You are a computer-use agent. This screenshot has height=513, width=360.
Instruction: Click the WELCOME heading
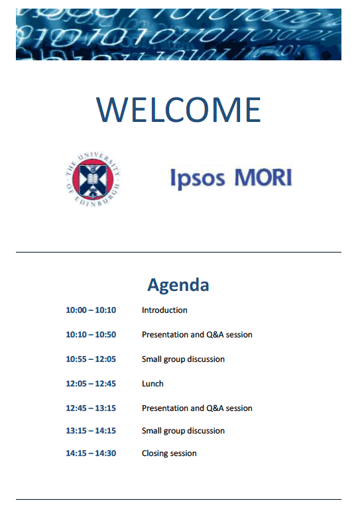(x=178, y=109)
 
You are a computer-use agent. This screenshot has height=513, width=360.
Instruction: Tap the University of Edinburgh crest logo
(x=93, y=180)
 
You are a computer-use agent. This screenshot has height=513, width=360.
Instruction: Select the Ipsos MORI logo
(x=231, y=178)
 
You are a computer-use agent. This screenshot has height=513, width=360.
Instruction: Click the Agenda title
(x=178, y=284)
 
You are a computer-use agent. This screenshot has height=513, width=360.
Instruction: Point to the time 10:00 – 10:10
(x=91, y=310)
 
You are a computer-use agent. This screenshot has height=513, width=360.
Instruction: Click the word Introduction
(x=164, y=310)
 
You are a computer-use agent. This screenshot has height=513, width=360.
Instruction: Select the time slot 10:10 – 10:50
(x=91, y=334)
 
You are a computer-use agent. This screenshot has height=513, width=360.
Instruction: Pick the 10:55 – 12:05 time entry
(x=91, y=359)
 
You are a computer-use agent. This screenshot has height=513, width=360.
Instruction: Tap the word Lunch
(x=152, y=384)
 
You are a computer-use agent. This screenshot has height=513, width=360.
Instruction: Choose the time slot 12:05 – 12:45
(x=91, y=384)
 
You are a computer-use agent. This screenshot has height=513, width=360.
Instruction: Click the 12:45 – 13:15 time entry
(x=91, y=408)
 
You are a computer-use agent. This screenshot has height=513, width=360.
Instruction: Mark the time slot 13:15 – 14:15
(x=91, y=431)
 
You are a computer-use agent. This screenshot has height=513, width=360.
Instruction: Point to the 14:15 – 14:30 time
(x=91, y=453)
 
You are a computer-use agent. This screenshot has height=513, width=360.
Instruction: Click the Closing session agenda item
(x=169, y=453)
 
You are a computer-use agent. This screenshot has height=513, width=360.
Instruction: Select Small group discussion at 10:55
(x=183, y=359)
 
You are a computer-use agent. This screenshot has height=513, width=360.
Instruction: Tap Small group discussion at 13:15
(x=183, y=431)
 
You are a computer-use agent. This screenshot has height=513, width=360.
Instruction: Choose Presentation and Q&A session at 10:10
(x=197, y=335)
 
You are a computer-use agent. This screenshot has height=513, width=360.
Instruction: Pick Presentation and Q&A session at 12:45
(x=197, y=408)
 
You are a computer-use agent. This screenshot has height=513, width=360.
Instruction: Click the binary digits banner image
(x=179, y=34)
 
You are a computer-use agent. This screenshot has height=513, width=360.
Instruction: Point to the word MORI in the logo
(x=263, y=178)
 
